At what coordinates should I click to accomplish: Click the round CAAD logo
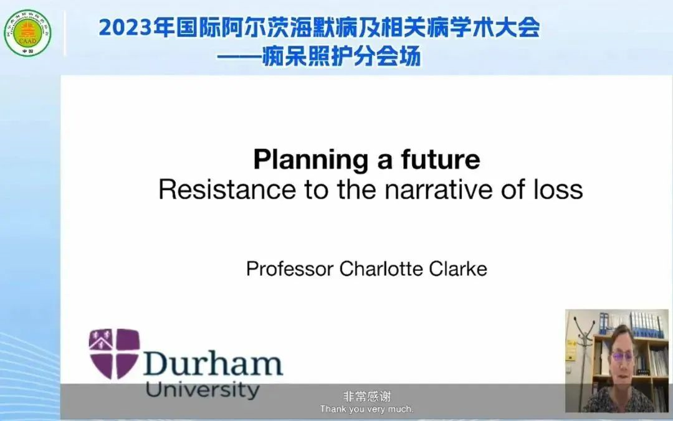point(27,33)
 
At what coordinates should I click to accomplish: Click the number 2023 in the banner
point(125,28)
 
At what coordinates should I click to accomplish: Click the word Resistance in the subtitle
point(227,189)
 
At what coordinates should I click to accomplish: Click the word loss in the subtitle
point(558,189)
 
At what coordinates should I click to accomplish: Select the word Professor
point(290,269)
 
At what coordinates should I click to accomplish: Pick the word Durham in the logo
point(213,364)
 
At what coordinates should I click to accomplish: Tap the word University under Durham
point(203,390)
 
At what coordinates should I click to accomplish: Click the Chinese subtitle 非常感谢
point(367,396)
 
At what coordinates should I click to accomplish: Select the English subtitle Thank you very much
point(366,409)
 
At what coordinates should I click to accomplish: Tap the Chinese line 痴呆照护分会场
point(341,57)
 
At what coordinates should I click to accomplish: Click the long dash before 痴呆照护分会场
point(239,57)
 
